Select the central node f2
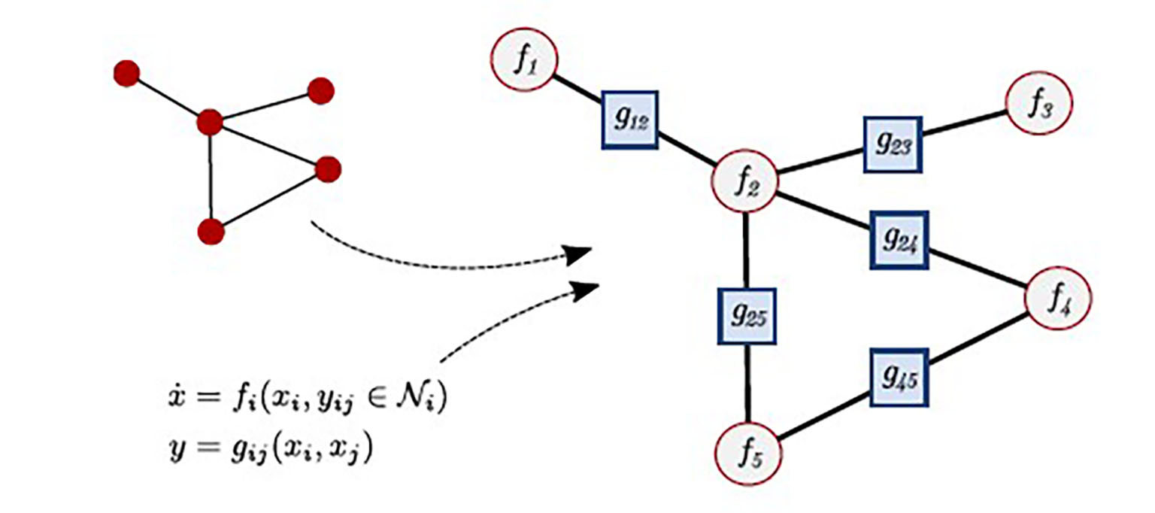[x=745, y=183]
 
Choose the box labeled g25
[x=746, y=316]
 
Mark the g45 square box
[x=899, y=376]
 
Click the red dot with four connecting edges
[x=209, y=122]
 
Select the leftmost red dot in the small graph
[x=126, y=73]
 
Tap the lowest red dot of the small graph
[x=211, y=231]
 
